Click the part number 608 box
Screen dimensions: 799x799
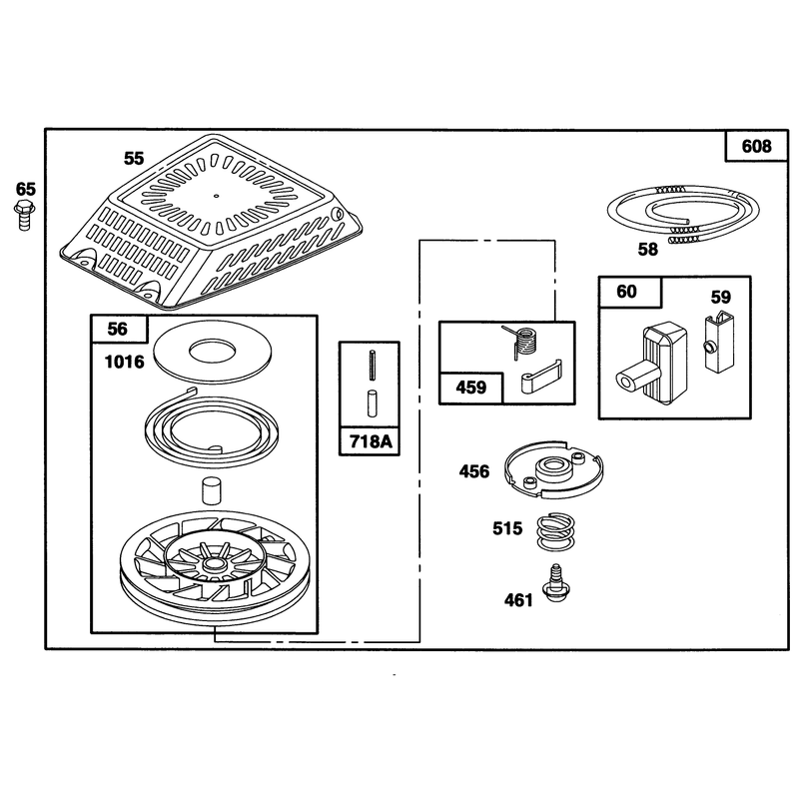point(757,146)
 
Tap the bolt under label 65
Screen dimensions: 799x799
point(24,215)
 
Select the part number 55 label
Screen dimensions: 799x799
point(134,159)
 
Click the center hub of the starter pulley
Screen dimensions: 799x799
point(215,563)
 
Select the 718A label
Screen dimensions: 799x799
point(371,441)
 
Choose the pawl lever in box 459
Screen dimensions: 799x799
point(541,378)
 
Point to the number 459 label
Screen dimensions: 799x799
point(470,388)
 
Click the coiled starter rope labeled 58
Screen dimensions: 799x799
point(683,213)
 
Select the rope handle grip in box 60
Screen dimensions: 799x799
point(653,363)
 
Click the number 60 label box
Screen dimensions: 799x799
point(630,292)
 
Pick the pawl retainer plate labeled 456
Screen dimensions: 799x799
point(554,469)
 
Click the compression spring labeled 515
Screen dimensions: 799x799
point(555,531)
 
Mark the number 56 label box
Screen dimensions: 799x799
point(118,329)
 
